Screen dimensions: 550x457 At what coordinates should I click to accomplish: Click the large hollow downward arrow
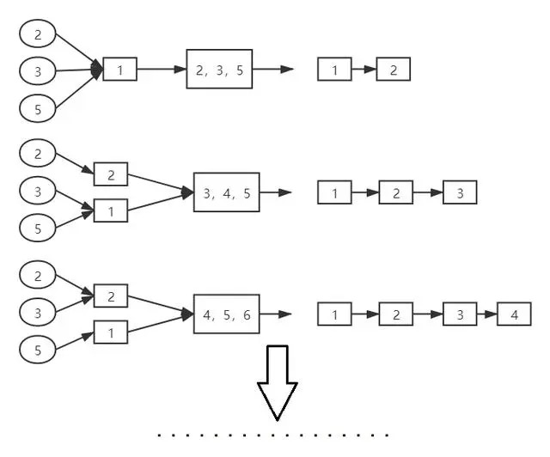click(278, 382)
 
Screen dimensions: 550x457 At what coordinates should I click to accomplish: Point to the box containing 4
click(514, 314)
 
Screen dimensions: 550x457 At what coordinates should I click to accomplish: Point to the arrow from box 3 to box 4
click(487, 314)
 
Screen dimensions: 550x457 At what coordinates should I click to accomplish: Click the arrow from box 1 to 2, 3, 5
click(162, 69)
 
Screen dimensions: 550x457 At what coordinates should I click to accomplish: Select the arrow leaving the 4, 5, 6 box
click(276, 314)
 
